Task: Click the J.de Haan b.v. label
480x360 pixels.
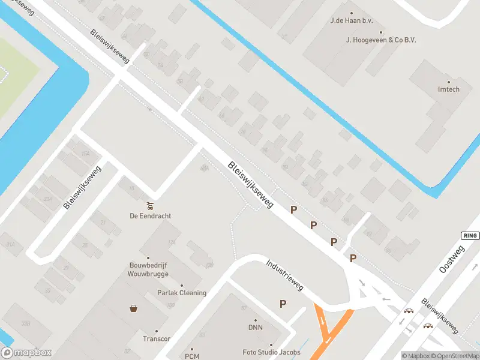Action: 352,20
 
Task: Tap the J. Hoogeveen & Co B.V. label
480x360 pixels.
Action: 381,40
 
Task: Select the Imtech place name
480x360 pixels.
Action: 448,89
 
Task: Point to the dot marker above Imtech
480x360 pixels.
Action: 448,82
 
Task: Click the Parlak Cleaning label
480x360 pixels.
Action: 182,293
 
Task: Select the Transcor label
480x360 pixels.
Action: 157,338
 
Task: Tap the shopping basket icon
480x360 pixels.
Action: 133,308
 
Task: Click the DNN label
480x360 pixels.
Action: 256,328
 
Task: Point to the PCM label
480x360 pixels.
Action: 192,356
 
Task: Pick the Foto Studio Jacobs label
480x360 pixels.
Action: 271,352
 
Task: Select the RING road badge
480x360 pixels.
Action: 470,236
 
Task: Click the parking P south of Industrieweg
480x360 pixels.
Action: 283,304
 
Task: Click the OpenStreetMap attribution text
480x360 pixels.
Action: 454,356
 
